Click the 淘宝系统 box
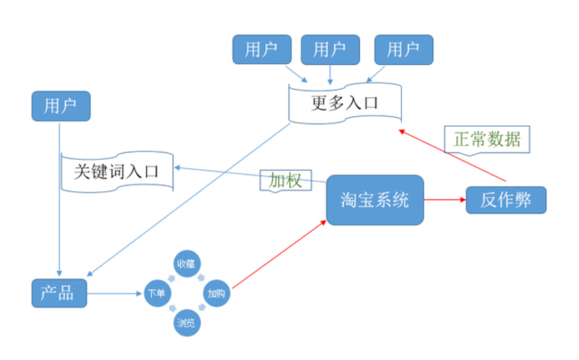tap(375, 200)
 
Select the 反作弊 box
tap(506, 200)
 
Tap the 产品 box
tap(59, 293)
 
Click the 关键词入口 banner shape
tap(117, 171)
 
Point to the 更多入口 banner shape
tap(345, 102)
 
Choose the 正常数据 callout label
tap(487, 139)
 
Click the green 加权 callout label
tap(285, 181)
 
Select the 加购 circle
tap(217, 294)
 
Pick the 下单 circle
tap(157, 294)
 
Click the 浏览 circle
tap(186, 322)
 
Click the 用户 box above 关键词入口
tap(61, 106)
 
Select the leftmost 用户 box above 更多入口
tap(261, 49)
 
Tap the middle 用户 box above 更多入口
tap(330, 49)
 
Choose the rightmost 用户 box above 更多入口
tap(403, 49)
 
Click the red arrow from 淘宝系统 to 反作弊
tap(444, 200)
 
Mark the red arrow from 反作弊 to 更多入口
tap(453, 155)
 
